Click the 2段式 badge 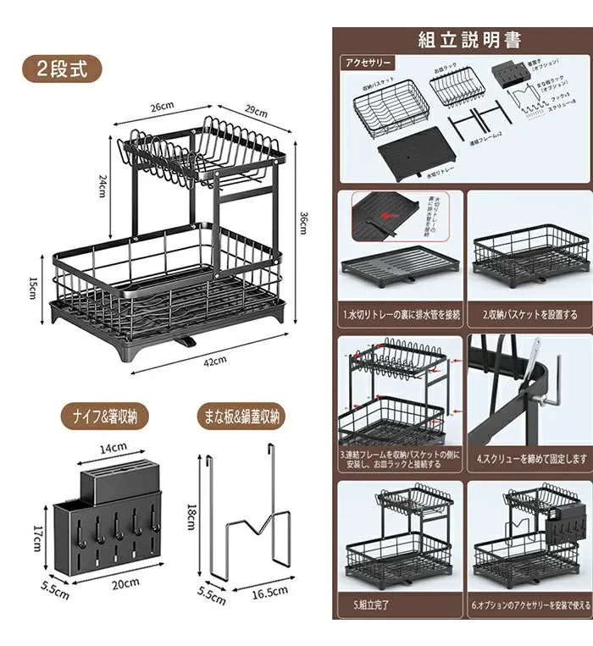pos(62,68)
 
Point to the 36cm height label pos(302,223)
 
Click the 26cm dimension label pos(163,107)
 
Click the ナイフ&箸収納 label pos(104,416)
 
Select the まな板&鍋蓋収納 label pos(241,416)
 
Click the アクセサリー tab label pos(366,63)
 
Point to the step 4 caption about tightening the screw pos(530,460)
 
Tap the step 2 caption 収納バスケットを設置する pos(530,314)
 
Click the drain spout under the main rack pos(187,343)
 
